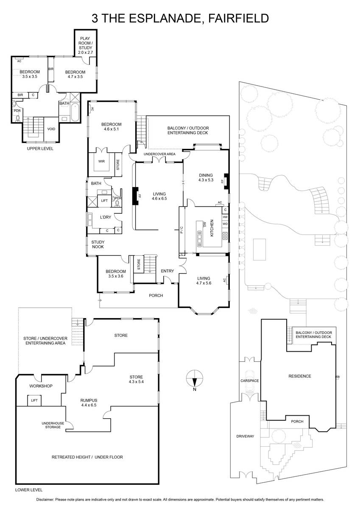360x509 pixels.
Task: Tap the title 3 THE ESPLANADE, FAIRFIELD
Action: [180, 18]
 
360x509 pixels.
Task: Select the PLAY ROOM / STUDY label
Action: [87, 45]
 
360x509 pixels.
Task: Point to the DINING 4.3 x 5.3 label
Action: [205, 177]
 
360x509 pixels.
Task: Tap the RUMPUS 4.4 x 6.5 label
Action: [89, 403]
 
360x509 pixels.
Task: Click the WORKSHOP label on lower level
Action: [40, 386]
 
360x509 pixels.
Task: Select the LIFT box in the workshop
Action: [34, 400]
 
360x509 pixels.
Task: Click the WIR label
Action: [101, 161]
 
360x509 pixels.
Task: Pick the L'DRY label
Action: [105, 217]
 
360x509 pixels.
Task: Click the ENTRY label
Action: [167, 271]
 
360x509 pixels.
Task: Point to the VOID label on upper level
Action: [51, 129]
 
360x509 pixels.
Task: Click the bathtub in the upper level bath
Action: [76, 112]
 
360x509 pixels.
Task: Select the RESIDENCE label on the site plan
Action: [299, 376]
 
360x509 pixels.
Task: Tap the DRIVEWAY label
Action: [245, 436]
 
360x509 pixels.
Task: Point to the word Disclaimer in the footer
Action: [45, 500]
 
